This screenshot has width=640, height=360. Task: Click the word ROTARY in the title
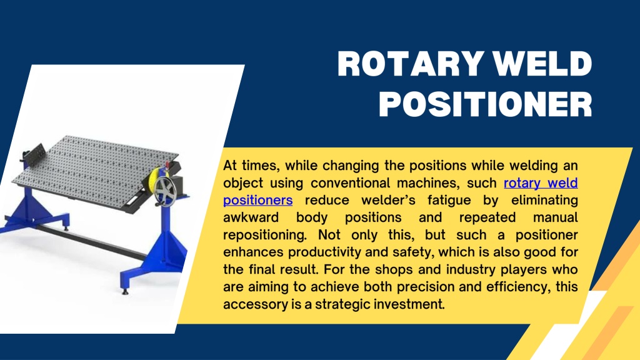click(x=410, y=64)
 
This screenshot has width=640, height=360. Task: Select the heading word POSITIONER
click(x=486, y=104)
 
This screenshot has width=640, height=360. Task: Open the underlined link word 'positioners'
click(x=257, y=201)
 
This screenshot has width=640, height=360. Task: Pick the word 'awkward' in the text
click(x=251, y=217)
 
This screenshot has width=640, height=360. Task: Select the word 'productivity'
click(x=325, y=252)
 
